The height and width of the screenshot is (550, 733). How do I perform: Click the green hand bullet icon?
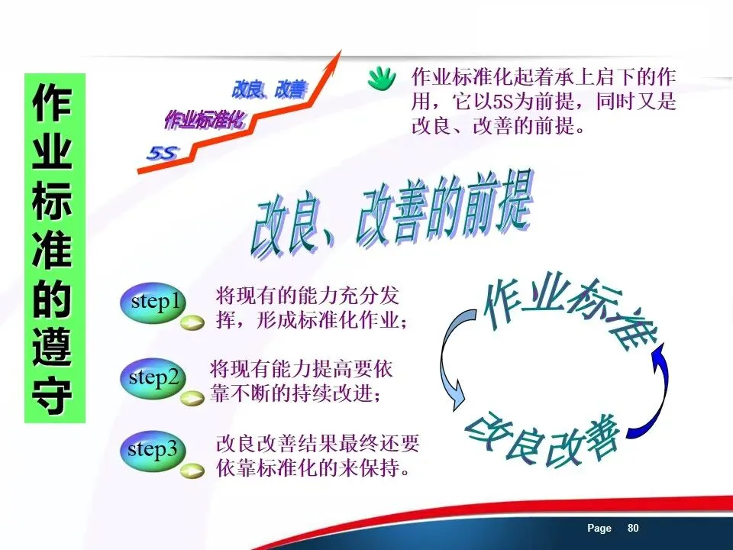(382, 79)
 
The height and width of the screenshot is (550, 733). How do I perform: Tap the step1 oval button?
(153, 303)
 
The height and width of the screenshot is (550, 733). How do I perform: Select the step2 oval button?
(153, 378)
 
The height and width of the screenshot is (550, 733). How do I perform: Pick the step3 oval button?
(153, 451)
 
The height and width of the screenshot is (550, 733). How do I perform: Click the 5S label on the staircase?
(163, 153)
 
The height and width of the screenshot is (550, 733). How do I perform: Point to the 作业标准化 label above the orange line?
(205, 120)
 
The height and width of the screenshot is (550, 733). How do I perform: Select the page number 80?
(633, 528)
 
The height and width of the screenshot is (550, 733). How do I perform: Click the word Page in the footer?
(599, 529)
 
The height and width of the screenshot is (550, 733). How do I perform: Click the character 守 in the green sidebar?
(53, 396)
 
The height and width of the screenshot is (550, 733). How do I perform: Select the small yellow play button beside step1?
(192, 322)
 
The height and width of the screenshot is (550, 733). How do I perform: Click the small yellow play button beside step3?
(192, 471)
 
